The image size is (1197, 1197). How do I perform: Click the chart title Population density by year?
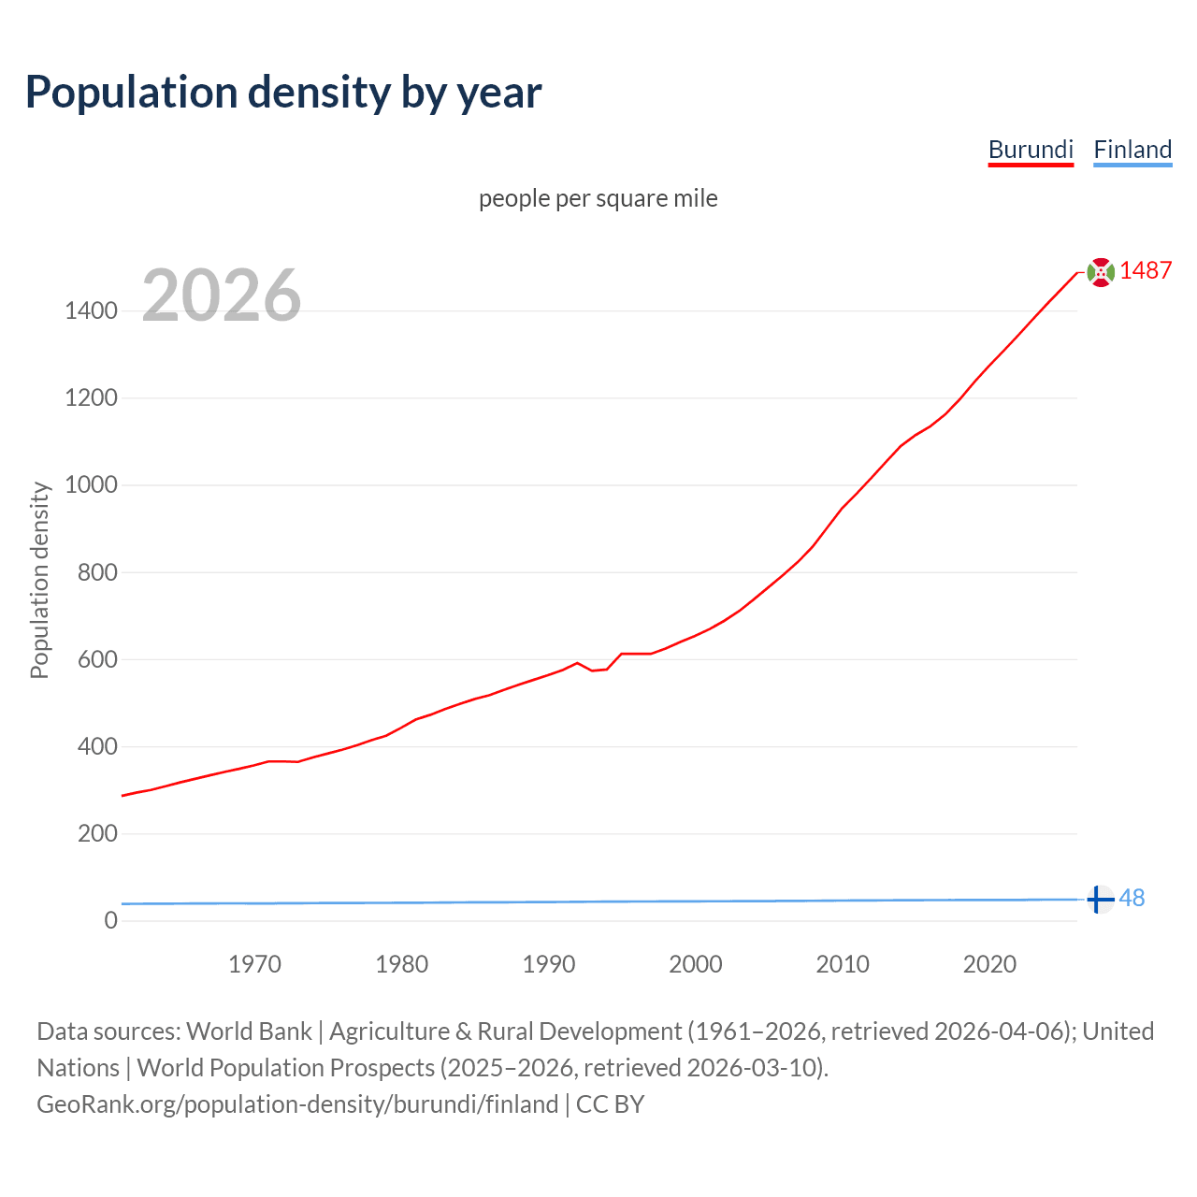pyautogui.click(x=283, y=93)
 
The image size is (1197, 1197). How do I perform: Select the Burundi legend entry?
pyautogui.click(x=1031, y=150)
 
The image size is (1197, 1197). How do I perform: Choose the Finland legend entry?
pyautogui.click(x=1132, y=150)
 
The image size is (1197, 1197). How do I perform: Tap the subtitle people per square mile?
pyautogui.click(x=598, y=198)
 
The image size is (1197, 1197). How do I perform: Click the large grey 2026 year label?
pyautogui.click(x=222, y=296)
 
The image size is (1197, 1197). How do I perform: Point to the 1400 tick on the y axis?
pyautogui.click(x=91, y=310)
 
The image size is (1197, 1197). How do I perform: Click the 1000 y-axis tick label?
pyautogui.click(x=91, y=484)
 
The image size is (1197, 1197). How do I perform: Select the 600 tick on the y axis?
pyautogui.click(x=97, y=659)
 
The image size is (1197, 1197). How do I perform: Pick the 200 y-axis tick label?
pyautogui.click(x=97, y=833)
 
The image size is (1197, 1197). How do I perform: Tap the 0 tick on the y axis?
pyautogui.click(x=111, y=920)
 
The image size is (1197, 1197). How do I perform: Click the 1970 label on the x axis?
pyautogui.click(x=254, y=964)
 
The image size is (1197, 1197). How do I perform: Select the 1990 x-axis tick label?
pyautogui.click(x=549, y=964)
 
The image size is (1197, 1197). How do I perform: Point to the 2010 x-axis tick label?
pyautogui.click(x=843, y=964)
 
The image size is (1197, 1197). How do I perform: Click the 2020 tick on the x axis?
pyautogui.click(x=989, y=964)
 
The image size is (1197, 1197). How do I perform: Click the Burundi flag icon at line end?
pyautogui.click(x=1101, y=271)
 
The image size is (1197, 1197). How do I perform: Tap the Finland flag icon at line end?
pyautogui.click(x=1101, y=899)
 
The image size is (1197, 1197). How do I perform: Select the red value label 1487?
pyautogui.click(x=1146, y=270)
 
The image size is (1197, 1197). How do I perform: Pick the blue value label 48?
pyautogui.click(x=1132, y=898)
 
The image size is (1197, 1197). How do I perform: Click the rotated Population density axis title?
pyautogui.click(x=39, y=580)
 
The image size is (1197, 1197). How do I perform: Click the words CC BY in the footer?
pyautogui.click(x=610, y=1104)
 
